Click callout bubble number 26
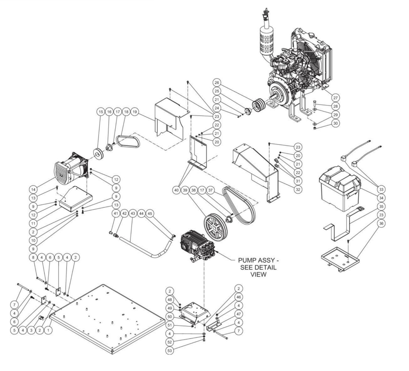(217, 83)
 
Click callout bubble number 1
(49, 330)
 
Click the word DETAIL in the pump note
(264, 267)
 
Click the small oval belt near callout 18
(129, 141)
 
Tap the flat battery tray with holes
(339, 258)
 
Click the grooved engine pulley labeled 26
(258, 106)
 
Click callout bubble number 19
(135, 112)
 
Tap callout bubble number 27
(336, 98)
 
